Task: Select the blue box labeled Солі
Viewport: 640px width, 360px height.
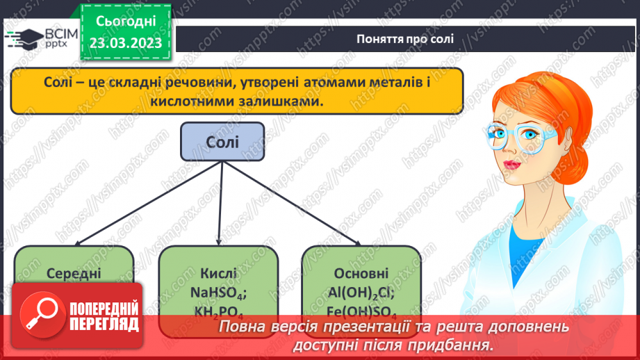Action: pyautogui.click(x=222, y=142)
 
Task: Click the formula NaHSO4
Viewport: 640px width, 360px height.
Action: pyautogui.click(x=219, y=293)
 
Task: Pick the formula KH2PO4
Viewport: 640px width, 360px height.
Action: pyautogui.click(x=219, y=312)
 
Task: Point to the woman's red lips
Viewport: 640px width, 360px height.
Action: pyautogui.click(x=511, y=165)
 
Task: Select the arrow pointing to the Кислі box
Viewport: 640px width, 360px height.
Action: pyautogui.click(x=220, y=205)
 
